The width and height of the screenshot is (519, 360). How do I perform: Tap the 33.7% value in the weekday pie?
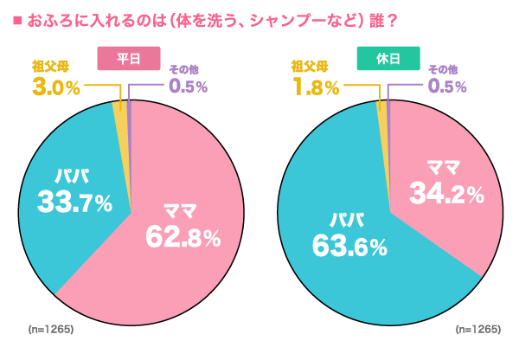74,202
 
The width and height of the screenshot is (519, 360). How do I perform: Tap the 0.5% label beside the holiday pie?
447,87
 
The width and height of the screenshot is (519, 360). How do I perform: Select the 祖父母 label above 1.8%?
311,66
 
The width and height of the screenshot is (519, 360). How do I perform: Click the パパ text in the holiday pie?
343,219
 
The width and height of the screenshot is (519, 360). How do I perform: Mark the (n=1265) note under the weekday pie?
50,330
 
